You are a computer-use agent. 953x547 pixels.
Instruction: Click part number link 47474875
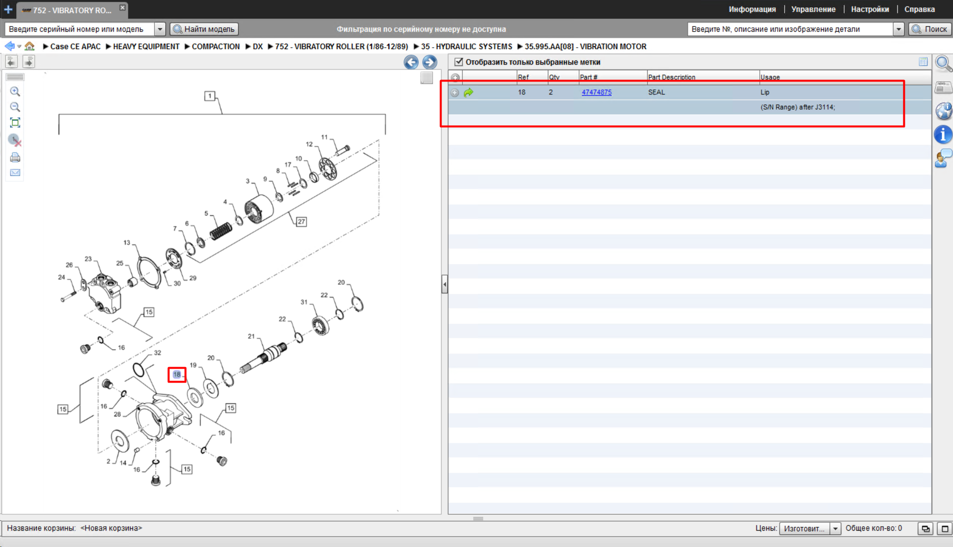(x=596, y=92)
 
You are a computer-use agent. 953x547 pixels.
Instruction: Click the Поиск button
(x=930, y=29)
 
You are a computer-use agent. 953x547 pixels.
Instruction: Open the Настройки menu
(x=870, y=9)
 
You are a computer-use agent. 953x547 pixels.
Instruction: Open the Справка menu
(x=919, y=9)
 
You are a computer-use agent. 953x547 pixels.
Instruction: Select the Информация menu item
(x=752, y=9)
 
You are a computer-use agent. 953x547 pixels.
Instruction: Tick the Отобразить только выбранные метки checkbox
(x=459, y=62)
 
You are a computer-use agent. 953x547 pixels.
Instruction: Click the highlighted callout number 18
(x=177, y=375)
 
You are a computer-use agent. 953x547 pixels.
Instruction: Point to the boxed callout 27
(x=301, y=222)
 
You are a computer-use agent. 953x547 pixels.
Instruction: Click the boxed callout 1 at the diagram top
(x=210, y=96)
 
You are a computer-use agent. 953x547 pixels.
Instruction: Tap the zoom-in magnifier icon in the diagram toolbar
(x=15, y=92)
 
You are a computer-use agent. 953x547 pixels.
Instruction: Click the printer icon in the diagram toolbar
(x=15, y=157)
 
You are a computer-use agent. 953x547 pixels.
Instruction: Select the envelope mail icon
(x=15, y=173)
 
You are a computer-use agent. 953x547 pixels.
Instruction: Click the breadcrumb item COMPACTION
(x=216, y=47)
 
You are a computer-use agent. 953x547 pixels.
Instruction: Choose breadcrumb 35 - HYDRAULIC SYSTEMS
(x=466, y=47)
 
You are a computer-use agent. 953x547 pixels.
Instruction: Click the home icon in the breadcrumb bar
(x=30, y=46)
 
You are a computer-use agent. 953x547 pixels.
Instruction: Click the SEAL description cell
(x=656, y=92)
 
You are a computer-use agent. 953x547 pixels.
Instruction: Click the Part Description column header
(x=671, y=78)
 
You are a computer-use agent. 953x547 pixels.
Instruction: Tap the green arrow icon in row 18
(x=468, y=92)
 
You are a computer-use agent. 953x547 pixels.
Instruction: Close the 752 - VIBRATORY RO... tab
(x=123, y=8)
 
